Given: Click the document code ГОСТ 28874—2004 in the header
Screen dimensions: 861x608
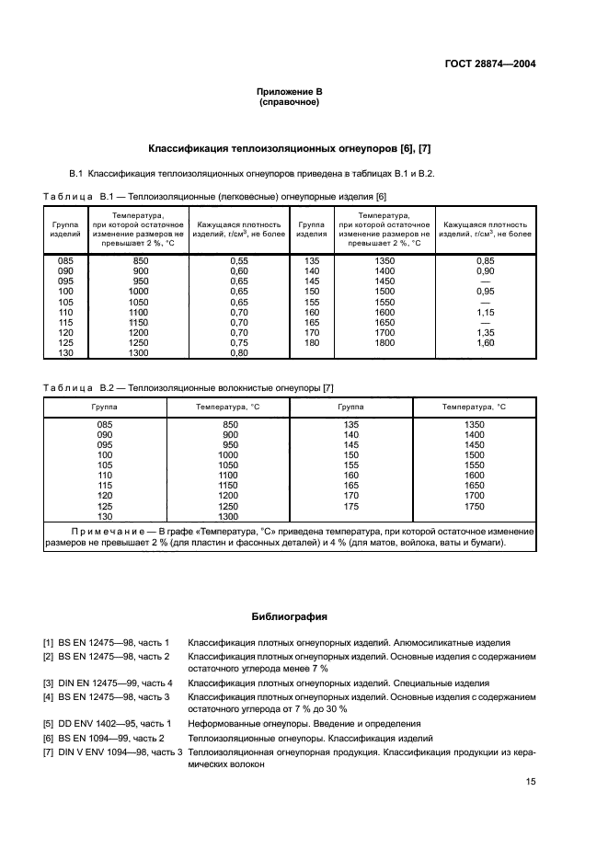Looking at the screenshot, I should [x=490, y=64].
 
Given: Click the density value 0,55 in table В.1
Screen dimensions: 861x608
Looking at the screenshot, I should [x=239, y=261].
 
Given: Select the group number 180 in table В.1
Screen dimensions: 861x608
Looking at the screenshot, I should [x=311, y=343].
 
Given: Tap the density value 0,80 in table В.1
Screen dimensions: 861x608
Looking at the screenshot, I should [x=239, y=353].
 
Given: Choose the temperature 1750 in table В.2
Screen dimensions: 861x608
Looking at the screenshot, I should [x=474, y=506].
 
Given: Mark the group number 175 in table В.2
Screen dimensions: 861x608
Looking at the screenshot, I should [x=350, y=506].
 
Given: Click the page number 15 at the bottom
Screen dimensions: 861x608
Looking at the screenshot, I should [x=531, y=782].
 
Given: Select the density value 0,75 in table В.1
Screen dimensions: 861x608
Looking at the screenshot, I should [x=239, y=343].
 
